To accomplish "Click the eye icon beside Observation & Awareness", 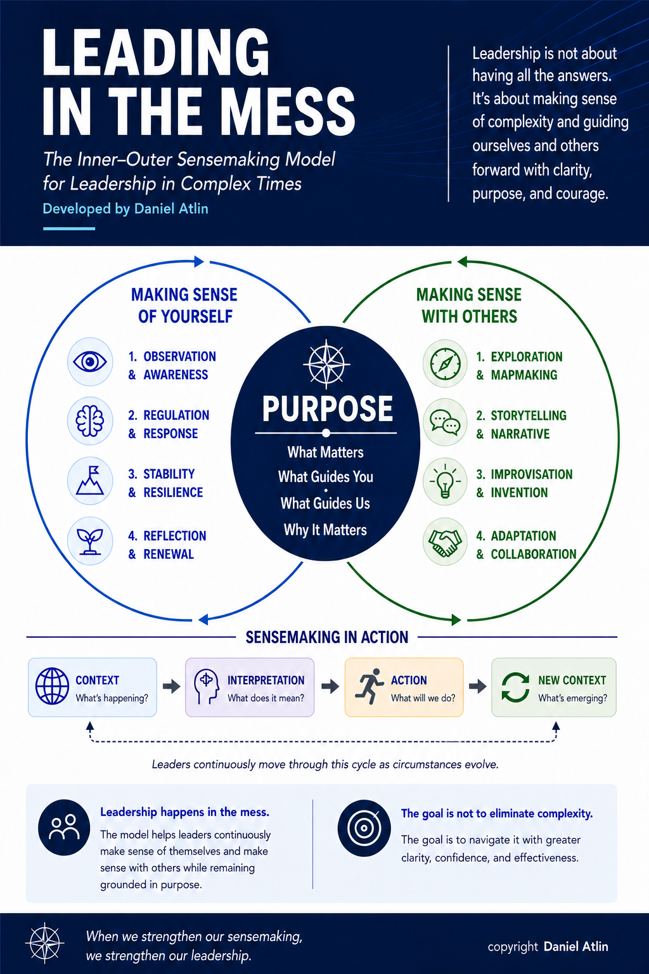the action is [90, 362].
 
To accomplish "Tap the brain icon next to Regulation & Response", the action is [90, 420].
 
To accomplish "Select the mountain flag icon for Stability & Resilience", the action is [90, 481].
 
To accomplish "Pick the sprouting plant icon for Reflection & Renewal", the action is [90, 542].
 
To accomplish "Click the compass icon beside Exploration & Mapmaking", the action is [445, 363].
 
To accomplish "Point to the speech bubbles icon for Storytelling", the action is [445, 422].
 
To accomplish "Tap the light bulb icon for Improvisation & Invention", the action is [445, 481].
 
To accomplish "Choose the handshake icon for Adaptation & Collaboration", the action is [445, 542].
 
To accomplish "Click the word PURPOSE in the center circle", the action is [327, 409].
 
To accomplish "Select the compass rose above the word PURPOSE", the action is [326, 364].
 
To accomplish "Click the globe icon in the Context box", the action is [52, 686].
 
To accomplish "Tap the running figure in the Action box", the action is [369, 686].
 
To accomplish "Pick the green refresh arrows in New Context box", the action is [515, 687].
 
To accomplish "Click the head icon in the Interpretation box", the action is [206, 687].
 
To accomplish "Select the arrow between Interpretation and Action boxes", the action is [330, 687].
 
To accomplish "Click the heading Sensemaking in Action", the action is [327, 637].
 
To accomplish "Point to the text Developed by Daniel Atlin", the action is [125, 209].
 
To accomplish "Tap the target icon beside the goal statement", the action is [364, 828].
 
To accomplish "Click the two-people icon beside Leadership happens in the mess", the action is [64, 828].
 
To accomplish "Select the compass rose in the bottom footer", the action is [45, 943].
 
